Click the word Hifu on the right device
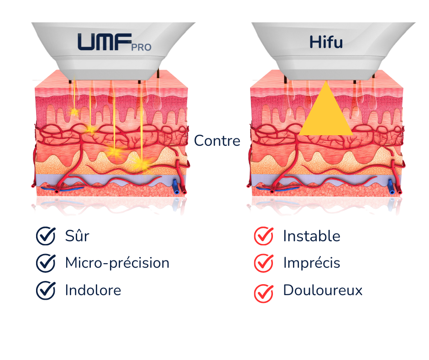[x=326, y=42]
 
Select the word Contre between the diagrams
[x=217, y=141]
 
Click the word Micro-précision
[x=117, y=263]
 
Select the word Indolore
[x=93, y=290]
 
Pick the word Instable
[x=312, y=236]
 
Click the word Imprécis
[x=312, y=263]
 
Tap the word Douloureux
[x=323, y=291]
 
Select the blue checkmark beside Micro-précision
[x=46, y=263]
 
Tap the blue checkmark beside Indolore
[x=46, y=290]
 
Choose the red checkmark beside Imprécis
[x=263, y=263]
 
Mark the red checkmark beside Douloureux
[x=263, y=292]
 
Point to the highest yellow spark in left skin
[x=73, y=111]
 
